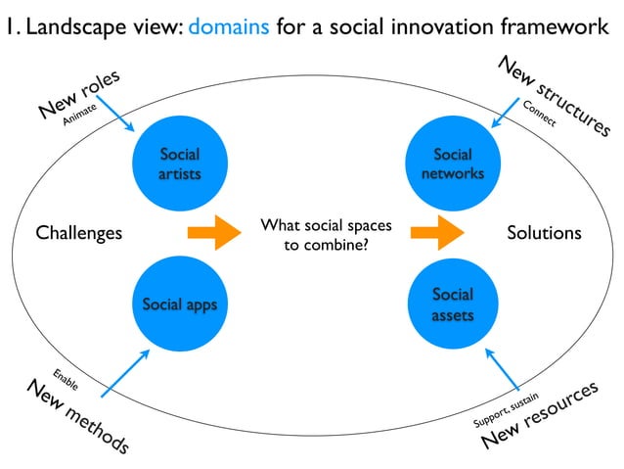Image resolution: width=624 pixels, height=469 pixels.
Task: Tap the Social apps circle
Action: (179, 304)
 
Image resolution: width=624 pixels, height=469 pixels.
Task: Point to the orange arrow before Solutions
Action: (437, 233)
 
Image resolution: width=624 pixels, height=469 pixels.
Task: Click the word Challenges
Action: (79, 233)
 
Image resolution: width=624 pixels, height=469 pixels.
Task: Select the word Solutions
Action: (544, 233)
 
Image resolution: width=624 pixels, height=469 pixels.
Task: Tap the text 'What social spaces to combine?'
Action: (326, 235)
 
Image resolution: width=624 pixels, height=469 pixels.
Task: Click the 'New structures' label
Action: (554, 95)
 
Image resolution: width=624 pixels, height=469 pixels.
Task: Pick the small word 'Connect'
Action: (539, 114)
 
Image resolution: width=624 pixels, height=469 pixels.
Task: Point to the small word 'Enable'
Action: (65, 376)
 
